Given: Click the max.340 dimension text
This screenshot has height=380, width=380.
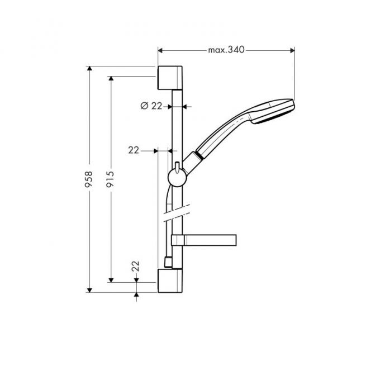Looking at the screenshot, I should (x=226, y=50).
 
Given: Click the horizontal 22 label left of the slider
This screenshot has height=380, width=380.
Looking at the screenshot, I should (x=134, y=150).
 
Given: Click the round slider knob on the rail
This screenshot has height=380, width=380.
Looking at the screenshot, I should (x=175, y=177).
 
